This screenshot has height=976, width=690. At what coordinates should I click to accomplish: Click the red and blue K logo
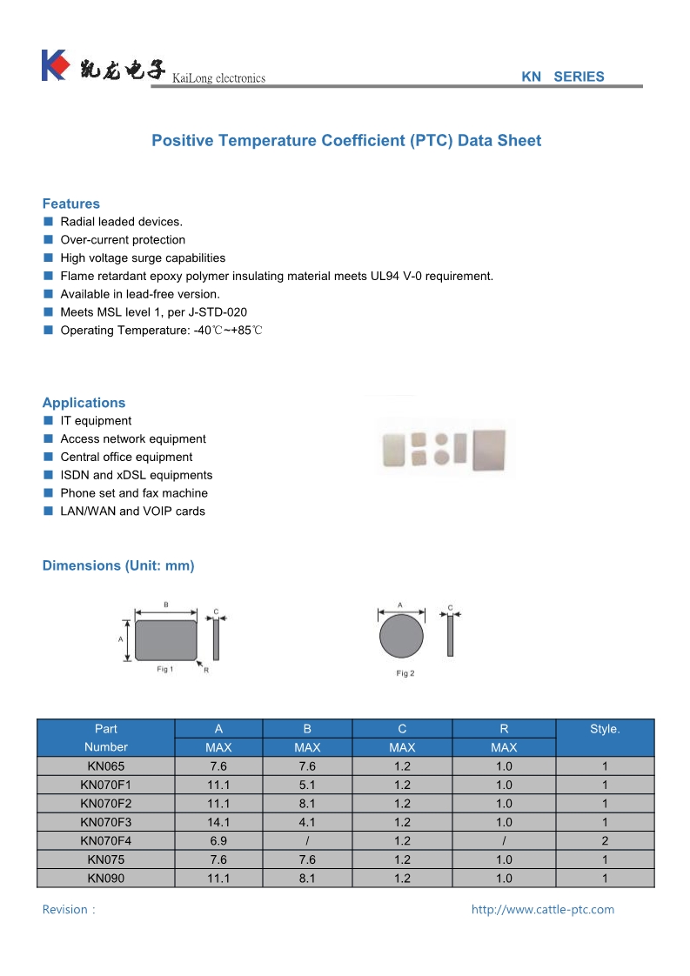pyautogui.click(x=54, y=65)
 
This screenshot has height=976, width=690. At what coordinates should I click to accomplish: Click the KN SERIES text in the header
pyautogui.click(x=562, y=77)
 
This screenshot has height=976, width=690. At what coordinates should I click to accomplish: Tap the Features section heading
pyautogui.click(x=71, y=204)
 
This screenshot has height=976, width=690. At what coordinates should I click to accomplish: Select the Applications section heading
pyautogui.click(x=84, y=403)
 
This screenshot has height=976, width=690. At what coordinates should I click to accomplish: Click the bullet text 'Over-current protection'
pyautogui.click(x=123, y=240)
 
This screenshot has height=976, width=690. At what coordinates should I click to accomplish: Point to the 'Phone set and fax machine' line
pyautogui.click(x=134, y=493)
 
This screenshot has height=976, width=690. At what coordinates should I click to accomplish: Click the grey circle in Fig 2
pyautogui.click(x=401, y=637)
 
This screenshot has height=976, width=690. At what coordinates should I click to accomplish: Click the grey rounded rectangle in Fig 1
pyautogui.click(x=165, y=639)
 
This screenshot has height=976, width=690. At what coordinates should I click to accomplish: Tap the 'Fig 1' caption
pyautogui.click(x=165, y=669)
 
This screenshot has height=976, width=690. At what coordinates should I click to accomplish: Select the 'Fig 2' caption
pyautogui.click(x=405, y=673)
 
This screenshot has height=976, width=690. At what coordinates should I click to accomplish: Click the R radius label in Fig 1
pyautogui.click(x=206, y=670)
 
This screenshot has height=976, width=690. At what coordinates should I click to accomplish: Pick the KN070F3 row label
pyautogui.click(x=106, y=822)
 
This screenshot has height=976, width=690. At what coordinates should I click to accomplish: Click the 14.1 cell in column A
pyautogui.click(x=218, y=822)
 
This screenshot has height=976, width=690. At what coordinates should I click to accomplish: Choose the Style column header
pyautogui.click(x=604, y=729)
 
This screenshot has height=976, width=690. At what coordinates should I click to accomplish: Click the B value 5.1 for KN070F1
pyautogui.click(x=307, y=785)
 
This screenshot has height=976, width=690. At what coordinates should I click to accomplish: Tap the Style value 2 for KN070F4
pyautogui.click(x=604, y=841)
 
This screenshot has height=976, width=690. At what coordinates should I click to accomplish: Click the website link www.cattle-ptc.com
pyautogui.click(x=542, y=910)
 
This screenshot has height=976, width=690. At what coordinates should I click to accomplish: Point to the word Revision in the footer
pyautogui.click(x=65, y=910)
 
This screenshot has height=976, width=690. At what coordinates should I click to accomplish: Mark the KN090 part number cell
pyautogui.click(x=106, y=879)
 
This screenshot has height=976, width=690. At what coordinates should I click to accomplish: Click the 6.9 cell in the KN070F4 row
pyautogui.click(x=218, y=841)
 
